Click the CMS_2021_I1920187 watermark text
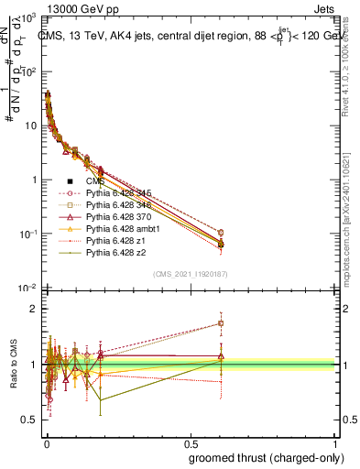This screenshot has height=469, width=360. [190, 274]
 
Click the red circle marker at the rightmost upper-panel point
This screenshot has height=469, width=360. [322, 233]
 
